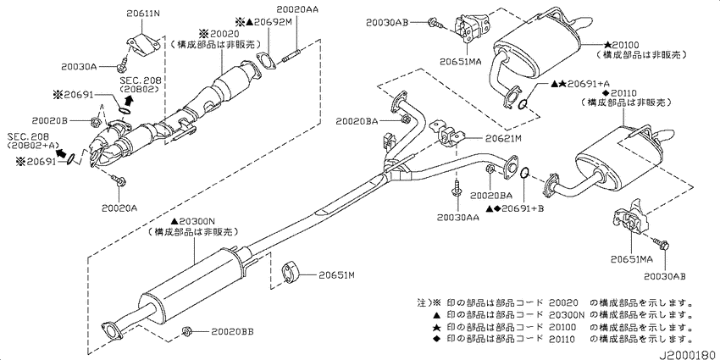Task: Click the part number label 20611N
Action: pos(143,14)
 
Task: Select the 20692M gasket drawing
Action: pos(265,62)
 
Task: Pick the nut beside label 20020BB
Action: pos(186,330)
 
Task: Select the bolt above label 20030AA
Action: pos(457,189)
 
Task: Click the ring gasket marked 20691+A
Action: pos(522,105)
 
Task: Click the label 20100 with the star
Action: pos(621,45)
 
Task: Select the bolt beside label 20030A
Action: pos(123,64)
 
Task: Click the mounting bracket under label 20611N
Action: pos(143,45)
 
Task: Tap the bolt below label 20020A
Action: pos(119,180)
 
